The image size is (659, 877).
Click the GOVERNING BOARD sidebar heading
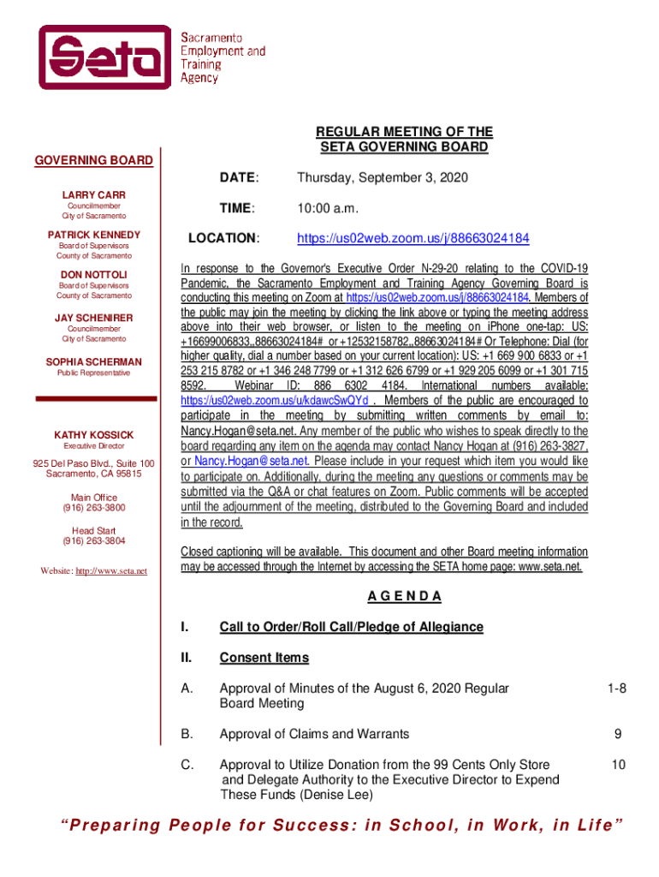tap(93, 160)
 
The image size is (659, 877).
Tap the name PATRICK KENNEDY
tap(94, 235)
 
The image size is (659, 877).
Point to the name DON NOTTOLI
tap(94, 274)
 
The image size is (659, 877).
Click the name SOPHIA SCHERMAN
tap(94, 361)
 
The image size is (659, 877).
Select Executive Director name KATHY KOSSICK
tap(94, 435)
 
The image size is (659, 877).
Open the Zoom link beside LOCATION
tap(413, 238)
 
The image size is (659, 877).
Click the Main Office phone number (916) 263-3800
tap(94, 509)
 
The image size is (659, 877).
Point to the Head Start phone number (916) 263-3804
tap(94, 541)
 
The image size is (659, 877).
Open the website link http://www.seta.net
tap(112, 571)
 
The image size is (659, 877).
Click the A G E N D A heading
tap(404, 596)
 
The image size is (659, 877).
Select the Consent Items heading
tap(264, 658)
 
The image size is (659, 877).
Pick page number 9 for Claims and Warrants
tap(616, 734)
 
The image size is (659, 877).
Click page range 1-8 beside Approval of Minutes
tap(616, 688)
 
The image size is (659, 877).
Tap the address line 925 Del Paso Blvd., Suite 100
tap(94, 463)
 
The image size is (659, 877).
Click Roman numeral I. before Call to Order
tap(184, 627)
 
